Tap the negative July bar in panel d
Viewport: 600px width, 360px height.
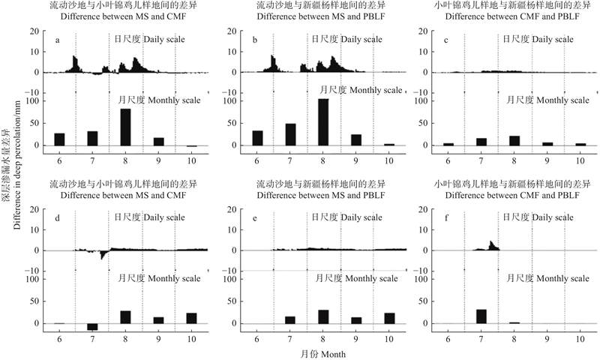pyautogui.click(x=92, y=326)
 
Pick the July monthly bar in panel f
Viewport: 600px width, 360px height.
pyautogui.click(x=480, y=316)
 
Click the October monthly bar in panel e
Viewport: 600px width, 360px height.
pyautogui.click(x=389, y=318)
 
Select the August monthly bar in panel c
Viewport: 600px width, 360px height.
pyautogui.click(x=513, y=140)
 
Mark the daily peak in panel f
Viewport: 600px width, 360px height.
pyautogui.click(x=490, y=242)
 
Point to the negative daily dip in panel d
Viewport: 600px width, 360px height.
pyautogui.click(x=102, y=256)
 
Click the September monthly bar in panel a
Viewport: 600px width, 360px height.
pyautogui.click(x=158, y=141)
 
